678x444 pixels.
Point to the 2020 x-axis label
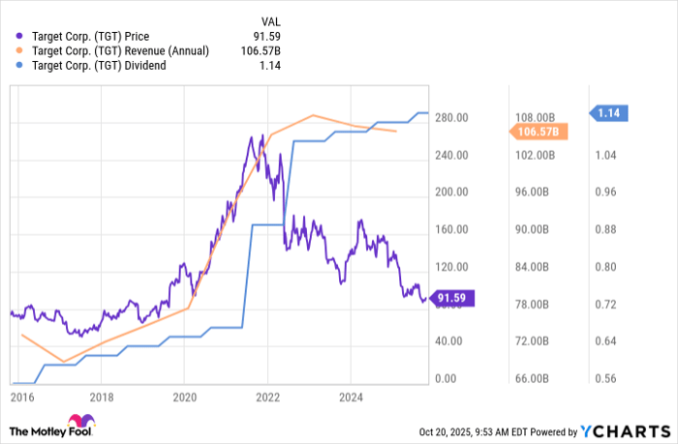click(184, 397)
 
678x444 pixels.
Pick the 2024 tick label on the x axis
click(351, 397)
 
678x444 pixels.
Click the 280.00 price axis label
click(450, 118)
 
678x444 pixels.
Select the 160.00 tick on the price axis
click(450, 230)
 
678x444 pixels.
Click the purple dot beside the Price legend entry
click(14, 36)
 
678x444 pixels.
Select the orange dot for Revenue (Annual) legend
click(14, 50)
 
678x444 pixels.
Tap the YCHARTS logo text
click(632, 430)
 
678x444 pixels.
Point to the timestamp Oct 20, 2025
click(451, 430)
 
